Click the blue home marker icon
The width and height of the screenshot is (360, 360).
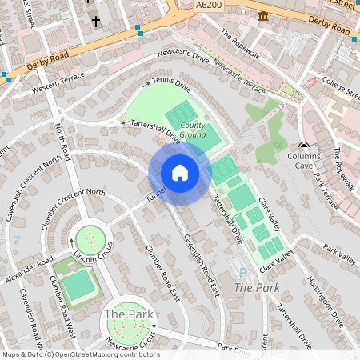point(180,173)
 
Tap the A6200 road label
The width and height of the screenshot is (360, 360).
point(210,5)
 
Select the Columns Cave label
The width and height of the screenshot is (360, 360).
point(304,161)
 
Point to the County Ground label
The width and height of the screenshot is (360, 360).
point(192,130)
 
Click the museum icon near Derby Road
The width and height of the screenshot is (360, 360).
point(263,16)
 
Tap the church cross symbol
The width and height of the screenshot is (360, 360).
point(96,21)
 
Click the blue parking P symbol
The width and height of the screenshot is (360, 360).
point(243,274)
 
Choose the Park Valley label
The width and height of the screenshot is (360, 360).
point(340,257)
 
